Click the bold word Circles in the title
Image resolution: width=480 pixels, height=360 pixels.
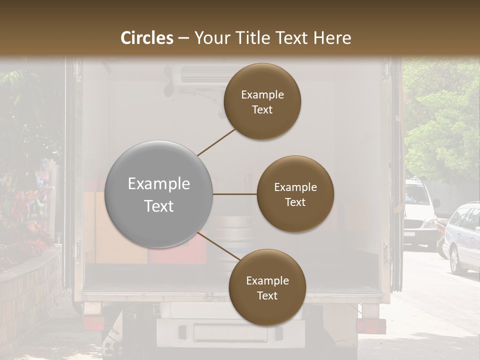147,38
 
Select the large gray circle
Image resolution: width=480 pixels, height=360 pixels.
159,194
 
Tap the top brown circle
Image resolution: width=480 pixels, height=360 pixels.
262,101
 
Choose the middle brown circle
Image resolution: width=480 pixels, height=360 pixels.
295,194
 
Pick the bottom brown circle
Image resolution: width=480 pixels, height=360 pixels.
267,287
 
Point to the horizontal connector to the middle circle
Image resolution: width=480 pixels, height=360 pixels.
235,194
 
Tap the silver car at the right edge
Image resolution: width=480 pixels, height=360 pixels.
462,237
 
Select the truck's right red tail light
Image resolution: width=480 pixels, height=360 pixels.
370,326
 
